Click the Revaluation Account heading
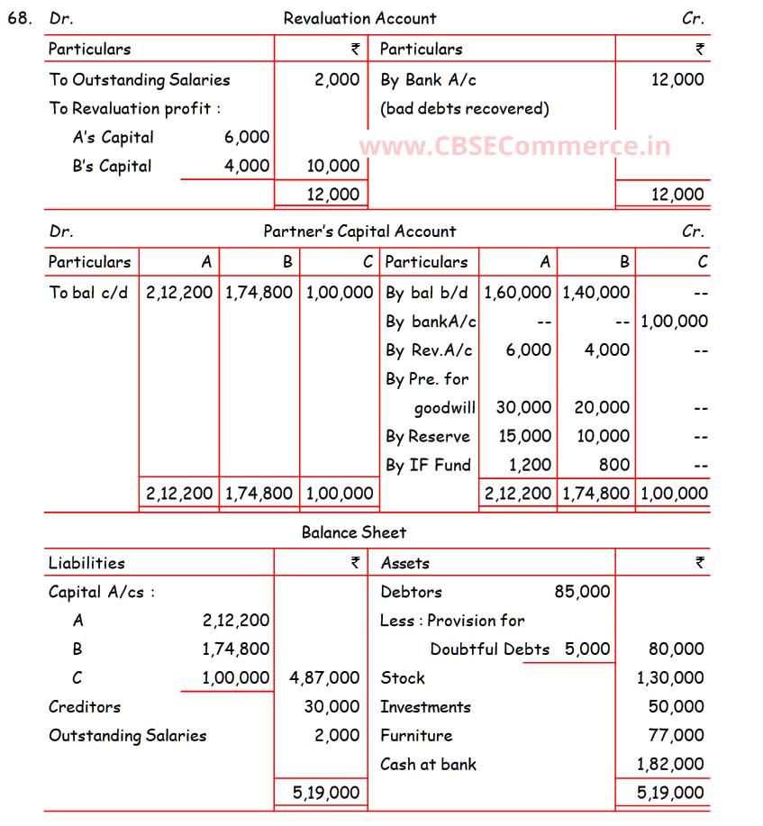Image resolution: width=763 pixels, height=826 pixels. tap(359, 18)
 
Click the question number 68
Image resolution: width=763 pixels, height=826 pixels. tap(19, 18)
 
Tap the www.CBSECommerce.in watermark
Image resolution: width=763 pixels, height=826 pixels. tap(514, 146)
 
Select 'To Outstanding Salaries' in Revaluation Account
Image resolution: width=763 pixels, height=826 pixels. tap(140, 79)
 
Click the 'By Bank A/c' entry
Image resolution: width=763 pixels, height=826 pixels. tap(428, 79)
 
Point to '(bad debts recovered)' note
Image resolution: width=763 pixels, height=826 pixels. tap(464, 108)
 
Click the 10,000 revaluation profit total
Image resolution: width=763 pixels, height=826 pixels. tap(332, 166)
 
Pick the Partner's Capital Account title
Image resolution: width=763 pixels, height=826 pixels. tap(359, 231)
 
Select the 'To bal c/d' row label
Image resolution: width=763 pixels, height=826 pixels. tap(88, 292)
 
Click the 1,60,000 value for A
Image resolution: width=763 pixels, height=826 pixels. tap(517, 292)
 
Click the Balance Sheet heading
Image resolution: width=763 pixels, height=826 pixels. tap(354, 532)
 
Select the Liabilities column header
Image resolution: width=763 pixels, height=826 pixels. tap(86, 563)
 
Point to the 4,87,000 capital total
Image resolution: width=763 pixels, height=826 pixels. tap(324, 677)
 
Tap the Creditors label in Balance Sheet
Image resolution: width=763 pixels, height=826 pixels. tap(85, 706)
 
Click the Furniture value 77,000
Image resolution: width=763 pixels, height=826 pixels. tap(676, 735)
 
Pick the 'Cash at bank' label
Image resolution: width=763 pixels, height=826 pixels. tap(428, 764)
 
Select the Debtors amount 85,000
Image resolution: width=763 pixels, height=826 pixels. tap(582, 592)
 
